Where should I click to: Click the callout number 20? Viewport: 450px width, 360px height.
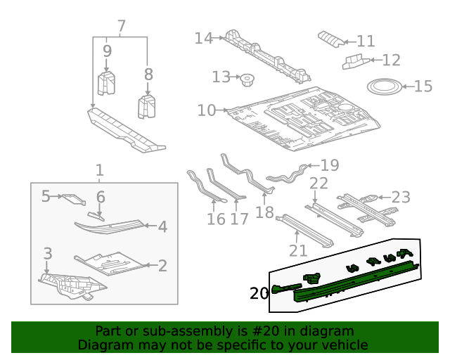pyautogui.click(x=259, y=293)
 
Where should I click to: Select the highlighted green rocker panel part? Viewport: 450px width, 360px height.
pyautogui.click(x=352, y=281)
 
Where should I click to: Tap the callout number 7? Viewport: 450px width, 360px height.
pyautogui.click(x=121, y=27)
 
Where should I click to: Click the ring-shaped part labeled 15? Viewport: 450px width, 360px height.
pyautogui.click(x=385, y=87)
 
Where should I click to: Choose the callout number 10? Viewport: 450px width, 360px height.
pyautogui.click(x=207, y=110)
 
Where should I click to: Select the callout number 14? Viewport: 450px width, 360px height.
pyautogui.click(x=203, y=38)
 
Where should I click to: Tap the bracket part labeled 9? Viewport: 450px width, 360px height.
pyautogui.click(x=106, y=82)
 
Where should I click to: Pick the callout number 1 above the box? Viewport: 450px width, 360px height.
pyautogui.click(x=99, y=169)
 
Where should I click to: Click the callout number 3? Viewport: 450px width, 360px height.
pyautogui.click(x=48, y=252)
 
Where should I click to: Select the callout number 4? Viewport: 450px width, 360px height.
pyautogui.click(x=162, y=227)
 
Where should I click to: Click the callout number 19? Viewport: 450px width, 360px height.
pyautogui.click(x=329, y=166)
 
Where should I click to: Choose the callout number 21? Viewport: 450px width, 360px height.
pyautogui.click(x=298, y=250)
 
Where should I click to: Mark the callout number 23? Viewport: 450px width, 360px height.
pyautogui.click(x=400, y=197)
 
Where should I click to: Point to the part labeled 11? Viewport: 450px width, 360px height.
pyautogui.click(x=330, y=37)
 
